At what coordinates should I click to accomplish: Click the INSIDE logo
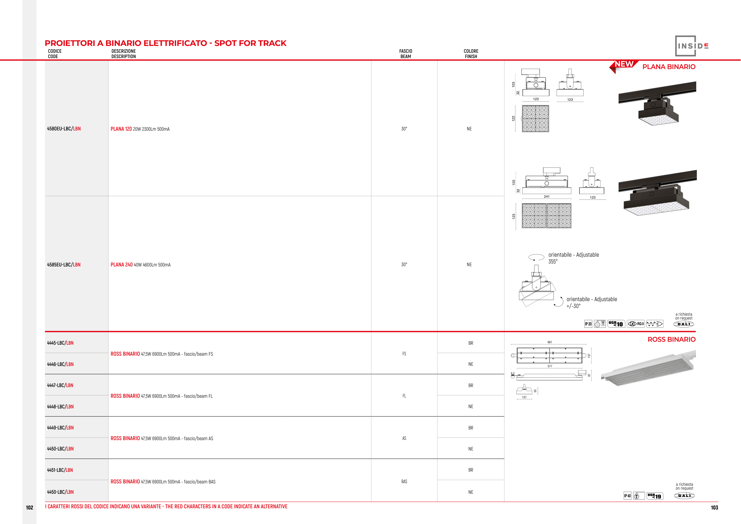tap(692, 46)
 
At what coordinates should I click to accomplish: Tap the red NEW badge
tap(624, 65)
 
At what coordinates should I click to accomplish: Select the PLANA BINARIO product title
tap(669, 67)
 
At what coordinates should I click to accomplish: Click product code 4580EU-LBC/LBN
tap(64, 129)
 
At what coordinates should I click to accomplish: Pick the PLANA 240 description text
tap(140, 265)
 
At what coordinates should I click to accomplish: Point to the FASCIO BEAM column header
tap(405, 54)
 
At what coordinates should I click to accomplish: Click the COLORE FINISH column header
tap(471, 54)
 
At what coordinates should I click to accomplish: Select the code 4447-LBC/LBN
tap(60, 385)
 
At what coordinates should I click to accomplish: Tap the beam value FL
tap(404, 396)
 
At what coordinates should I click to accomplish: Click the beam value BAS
tap(404, 481)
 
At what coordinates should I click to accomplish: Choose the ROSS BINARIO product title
tap(671, 339)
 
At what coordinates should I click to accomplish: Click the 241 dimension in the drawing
tap(546, 196)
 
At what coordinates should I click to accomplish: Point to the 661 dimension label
tap(550, 342)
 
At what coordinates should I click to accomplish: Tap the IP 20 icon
tap(588, 324)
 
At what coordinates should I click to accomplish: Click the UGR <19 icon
tap(654, 496)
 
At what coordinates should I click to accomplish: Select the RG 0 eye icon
tap(636, 324)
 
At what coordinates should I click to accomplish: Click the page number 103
tap(714, 507)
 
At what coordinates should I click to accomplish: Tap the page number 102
tap(29, 507)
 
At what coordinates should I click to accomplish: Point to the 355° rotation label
tap(553, 262)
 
